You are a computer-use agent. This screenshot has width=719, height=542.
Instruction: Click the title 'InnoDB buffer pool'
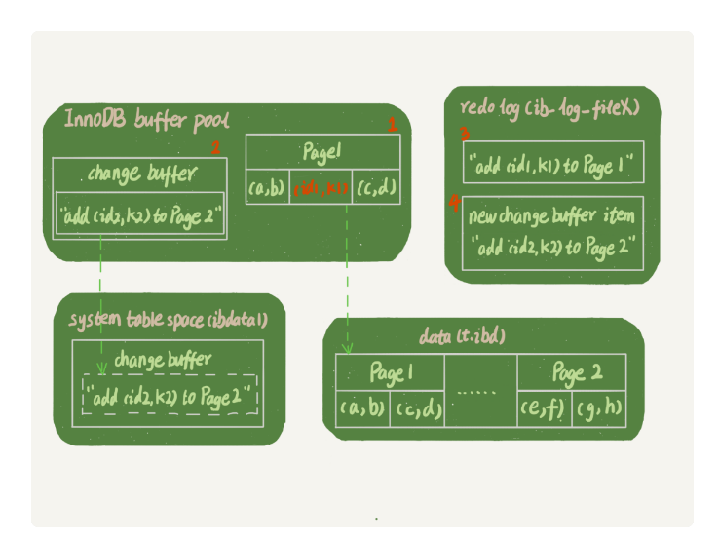coord(146,121)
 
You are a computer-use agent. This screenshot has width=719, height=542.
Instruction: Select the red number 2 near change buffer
coord(215,148)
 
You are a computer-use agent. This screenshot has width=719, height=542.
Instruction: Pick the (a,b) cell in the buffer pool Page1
coord(266,186)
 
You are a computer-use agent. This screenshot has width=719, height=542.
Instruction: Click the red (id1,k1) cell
coord(321,186)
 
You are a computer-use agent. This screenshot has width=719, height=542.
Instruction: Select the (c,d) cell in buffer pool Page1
coord(375,186)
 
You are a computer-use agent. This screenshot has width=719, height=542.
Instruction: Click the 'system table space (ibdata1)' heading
coord(168,320)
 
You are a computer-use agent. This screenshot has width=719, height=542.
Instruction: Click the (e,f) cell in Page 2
coord(544,408)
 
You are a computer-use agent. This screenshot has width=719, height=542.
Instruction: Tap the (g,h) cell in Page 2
coord(598,408)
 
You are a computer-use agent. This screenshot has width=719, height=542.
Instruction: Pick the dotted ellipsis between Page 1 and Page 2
coord(478,393)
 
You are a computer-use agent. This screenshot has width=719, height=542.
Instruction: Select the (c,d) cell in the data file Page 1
coord(417,408)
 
